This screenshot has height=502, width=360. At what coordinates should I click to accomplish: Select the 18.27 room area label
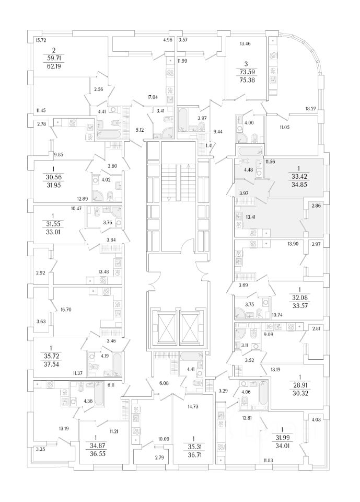312,109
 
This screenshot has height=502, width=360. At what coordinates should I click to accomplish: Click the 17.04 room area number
153,96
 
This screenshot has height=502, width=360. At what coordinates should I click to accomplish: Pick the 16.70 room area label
66,310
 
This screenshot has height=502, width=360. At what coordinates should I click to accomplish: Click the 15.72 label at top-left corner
40,40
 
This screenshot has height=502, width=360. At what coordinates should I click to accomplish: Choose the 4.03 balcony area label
315,418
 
